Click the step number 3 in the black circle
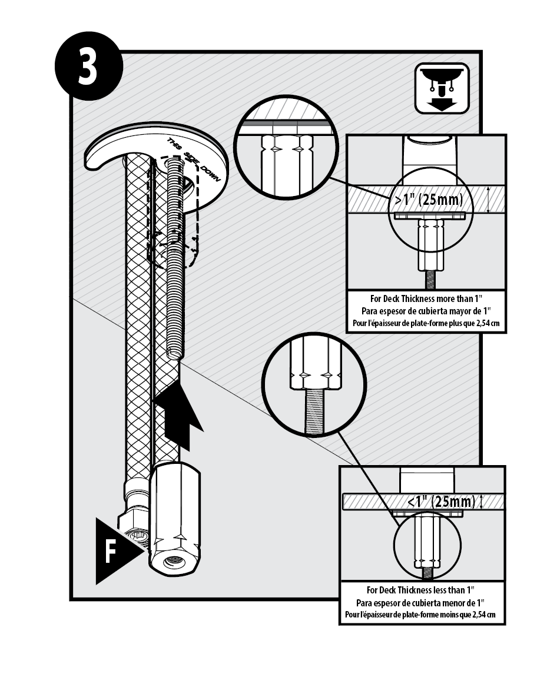tap(88, 68)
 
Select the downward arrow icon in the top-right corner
tap(442, 88)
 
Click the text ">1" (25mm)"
tap(428, 200)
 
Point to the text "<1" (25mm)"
tap(440, 502)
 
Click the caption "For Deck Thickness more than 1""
tap(426, 298)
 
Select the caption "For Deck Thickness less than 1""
tap(420, 590)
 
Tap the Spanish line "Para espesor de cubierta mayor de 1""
tap(426, 310)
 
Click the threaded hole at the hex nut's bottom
tap(174, 562)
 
